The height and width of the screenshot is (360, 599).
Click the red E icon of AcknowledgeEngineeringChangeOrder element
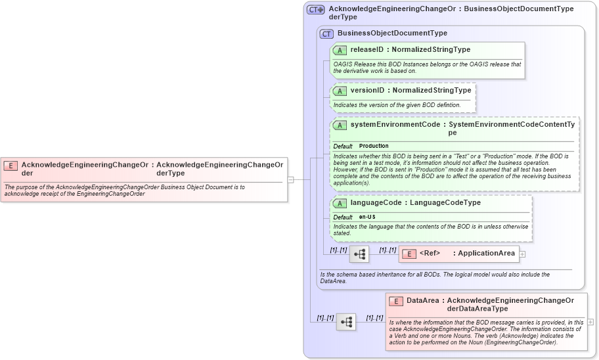(x=11, y=166)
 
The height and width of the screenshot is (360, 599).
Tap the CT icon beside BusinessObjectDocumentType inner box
(x=326, y=34)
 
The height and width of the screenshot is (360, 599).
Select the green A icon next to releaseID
(x=340, y=50)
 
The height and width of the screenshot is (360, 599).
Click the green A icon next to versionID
(x=340, y=91)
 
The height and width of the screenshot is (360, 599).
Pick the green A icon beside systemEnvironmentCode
(x=340, y=125)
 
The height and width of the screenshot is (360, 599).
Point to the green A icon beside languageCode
(x=340, y=203)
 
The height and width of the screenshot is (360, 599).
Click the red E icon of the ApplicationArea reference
(x=409, y=254)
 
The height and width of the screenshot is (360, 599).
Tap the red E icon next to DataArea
(x=395, y=301)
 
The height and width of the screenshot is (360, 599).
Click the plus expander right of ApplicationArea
(x=522, y=254)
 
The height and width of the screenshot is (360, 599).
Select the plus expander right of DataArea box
(x=590, y=322)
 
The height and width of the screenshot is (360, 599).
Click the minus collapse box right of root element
(x=290, y=179)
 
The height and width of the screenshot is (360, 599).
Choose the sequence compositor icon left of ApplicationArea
(x=359, y=254)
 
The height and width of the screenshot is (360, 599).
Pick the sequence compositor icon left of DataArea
(x=346, y=322)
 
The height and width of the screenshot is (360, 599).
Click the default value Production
(x=374, y=146)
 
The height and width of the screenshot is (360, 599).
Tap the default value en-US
(x=367, y=217)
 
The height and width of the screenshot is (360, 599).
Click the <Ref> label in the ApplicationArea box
(x=430, y=254)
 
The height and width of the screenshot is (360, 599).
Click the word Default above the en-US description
(x=343, y=217)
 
